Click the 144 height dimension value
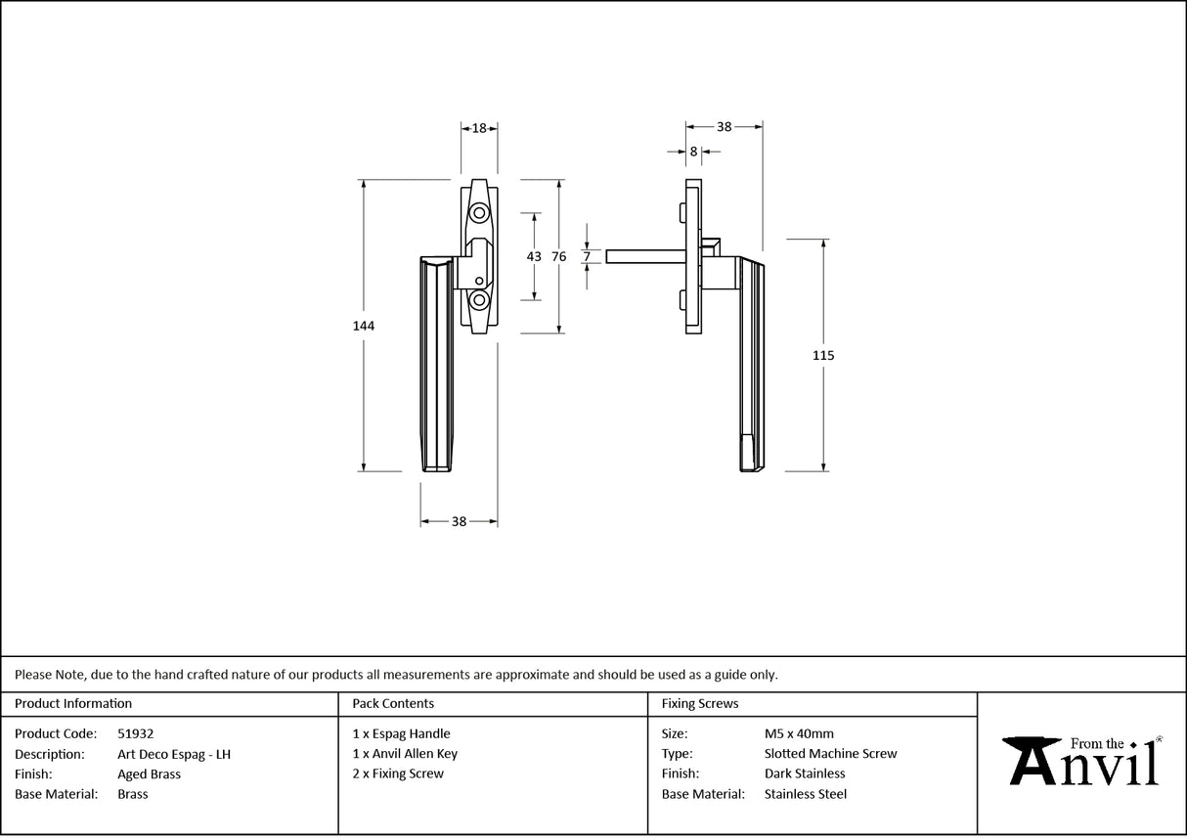coord(364,326)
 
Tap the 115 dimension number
coord(823,356)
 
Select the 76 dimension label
coord(558,256)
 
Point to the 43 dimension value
coord(534,256)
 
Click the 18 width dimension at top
coord(479,128)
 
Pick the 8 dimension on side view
coord(693,152)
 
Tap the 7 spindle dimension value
coord(587,256)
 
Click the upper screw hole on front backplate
coord(479,212)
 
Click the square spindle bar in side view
coord(645,256)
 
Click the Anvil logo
coord(1082,762)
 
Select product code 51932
coord(135,733)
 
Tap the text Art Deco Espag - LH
coord(174,754)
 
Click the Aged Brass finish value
coord(149,774)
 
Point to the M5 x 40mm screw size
coord(799,733)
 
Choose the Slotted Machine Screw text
coord(830,754)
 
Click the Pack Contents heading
coord(393,703)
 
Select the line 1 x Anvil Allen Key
coord(405,754)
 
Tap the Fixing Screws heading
coord(700,703)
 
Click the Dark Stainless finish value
coord(805,774)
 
